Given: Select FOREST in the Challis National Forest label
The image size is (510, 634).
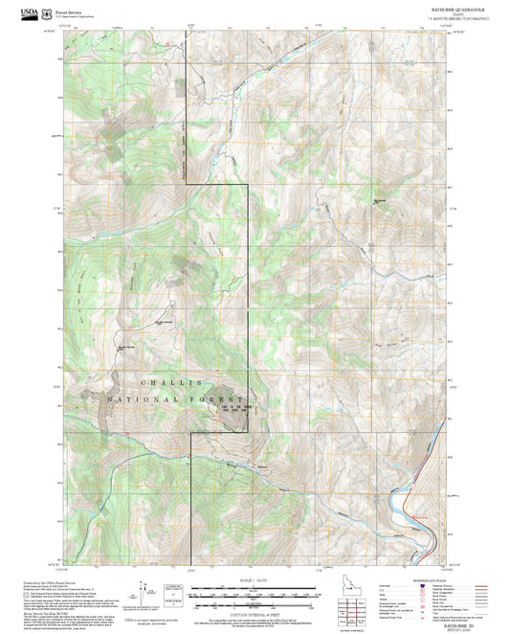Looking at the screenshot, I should coord(218,397).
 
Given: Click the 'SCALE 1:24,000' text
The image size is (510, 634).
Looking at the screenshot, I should coord(255,581).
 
